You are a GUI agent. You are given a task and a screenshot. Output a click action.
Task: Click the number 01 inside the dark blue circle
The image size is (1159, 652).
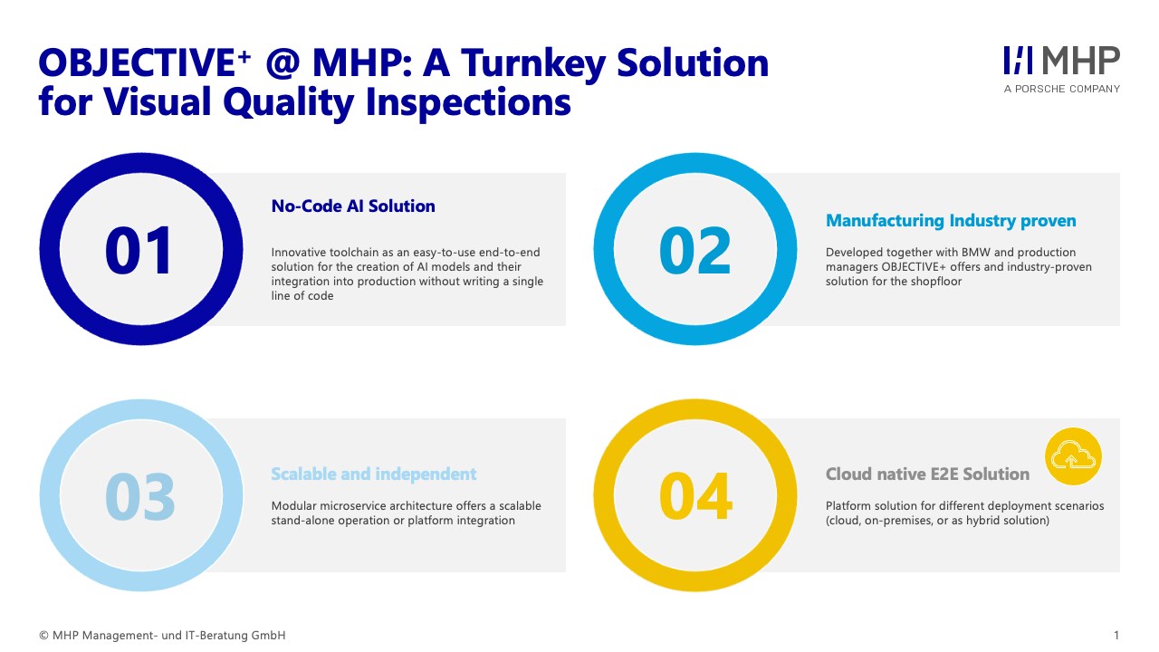pos(139,251)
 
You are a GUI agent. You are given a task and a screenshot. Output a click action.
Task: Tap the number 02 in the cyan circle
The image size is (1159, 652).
pos(694,251)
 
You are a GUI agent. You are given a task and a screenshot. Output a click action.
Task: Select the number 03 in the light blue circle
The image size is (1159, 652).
pos(139,496)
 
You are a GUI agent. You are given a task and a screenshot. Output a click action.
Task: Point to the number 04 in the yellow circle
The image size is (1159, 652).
pos(696,496)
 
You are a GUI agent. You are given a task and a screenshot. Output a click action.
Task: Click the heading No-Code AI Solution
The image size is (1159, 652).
pos(353,206)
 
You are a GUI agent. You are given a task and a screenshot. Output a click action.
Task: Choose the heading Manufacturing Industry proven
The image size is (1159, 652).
pos(951,221)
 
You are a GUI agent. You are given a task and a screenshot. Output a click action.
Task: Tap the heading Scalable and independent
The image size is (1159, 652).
pos(374,474)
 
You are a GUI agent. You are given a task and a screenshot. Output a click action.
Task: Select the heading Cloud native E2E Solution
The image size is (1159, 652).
pos(927,474)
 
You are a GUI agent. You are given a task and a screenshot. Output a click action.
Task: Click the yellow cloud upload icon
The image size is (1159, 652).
pos(1073,456)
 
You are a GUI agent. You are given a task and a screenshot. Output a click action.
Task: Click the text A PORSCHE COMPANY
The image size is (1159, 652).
pos(1062,89)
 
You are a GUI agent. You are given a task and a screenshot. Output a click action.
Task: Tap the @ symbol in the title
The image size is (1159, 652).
pos(283,63)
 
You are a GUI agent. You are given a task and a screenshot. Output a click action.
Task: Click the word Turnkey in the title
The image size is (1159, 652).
pos(533,64)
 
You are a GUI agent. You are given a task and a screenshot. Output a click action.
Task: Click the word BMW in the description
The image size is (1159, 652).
pos(976,252)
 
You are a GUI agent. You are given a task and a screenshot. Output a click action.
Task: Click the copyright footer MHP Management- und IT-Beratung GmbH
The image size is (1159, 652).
pos(162,636)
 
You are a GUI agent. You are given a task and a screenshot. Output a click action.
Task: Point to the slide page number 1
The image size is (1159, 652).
pos(1116,636)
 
